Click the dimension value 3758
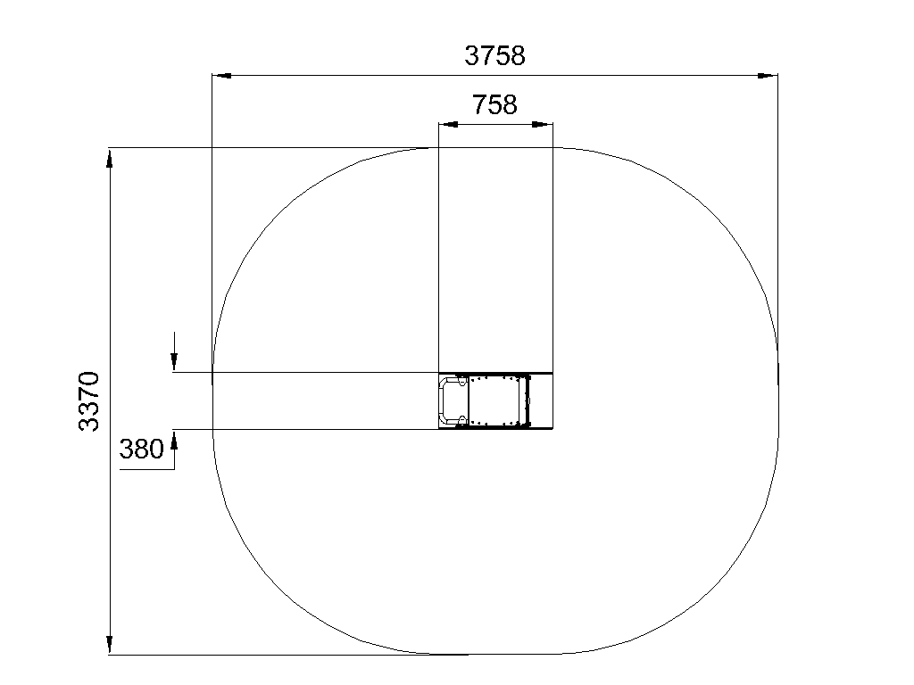coord(494,56)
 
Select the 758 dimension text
coord(494,105)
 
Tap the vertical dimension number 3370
coord(89,400)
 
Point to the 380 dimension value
coord(141,450)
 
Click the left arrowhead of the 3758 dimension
coord(221,75)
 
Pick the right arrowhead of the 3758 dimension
coord(768,75)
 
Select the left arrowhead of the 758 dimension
coord(448,124)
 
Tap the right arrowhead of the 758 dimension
coord(543,124)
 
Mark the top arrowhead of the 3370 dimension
coord(109,159)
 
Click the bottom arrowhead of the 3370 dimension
coord(109,645)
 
